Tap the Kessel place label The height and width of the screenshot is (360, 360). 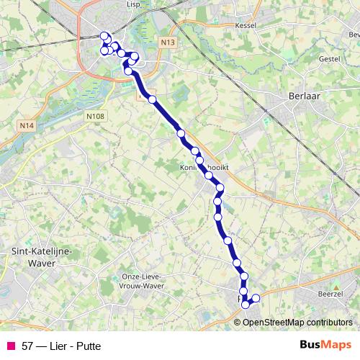click(246, 24)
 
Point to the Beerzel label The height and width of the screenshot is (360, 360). click(330, 294)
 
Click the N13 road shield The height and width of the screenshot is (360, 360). click(168, 42)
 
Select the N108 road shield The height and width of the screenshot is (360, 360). click(94, 114)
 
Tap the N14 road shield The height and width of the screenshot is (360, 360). click(27, 126)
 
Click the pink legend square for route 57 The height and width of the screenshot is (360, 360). click(11, 346)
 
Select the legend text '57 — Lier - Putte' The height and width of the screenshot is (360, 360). click(61, 346)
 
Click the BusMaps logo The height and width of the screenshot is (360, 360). click(325, 345)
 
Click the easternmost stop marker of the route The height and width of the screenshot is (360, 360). click(256, 298)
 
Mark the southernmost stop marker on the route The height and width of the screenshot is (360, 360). click(246, 305)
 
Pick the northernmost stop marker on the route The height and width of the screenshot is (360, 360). click(104, 36)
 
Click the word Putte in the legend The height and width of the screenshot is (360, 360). click(88, 346)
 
